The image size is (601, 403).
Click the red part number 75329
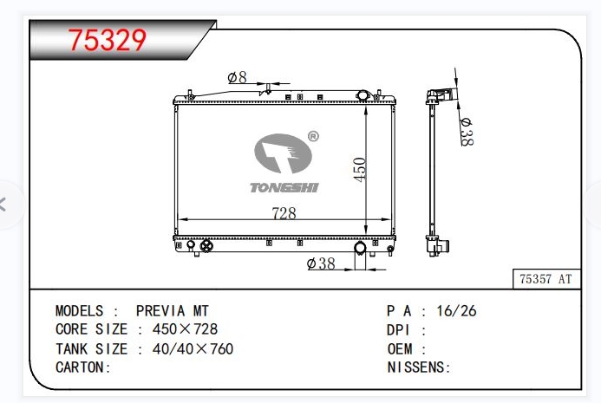click(108, 40)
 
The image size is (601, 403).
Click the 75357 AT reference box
click(546, 279)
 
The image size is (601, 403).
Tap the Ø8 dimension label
click(238, 78)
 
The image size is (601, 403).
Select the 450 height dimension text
click(360, 170)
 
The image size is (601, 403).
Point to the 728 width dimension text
click(284, 213)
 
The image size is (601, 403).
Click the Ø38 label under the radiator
click(321, 263)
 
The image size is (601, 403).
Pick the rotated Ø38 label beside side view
click(467, 132)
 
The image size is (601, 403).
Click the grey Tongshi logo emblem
click(283, 153)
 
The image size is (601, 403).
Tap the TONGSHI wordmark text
click(284, 187)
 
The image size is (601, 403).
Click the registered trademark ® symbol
click(313, 136)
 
